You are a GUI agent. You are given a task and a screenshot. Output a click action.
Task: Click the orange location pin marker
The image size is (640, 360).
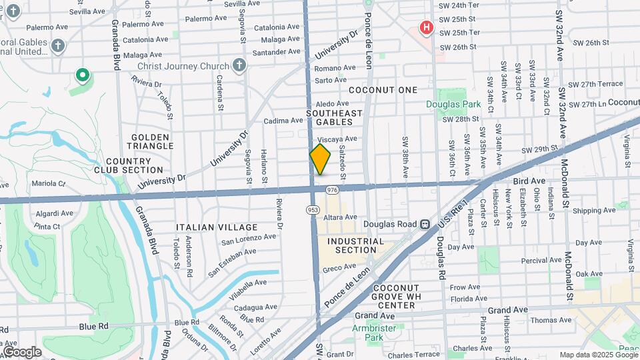tap(320, 159)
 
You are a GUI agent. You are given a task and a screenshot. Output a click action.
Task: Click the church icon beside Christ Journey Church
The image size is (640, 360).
tap(239, 65)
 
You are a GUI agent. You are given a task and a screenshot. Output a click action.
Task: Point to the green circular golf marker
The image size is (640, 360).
tap(83, 75)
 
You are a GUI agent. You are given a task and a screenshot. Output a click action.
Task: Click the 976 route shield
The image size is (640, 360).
tap(333, 191)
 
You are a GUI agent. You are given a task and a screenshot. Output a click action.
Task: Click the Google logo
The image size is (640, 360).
tap(22, 351)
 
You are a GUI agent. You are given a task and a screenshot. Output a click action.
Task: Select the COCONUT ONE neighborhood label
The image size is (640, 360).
tap(383, 90)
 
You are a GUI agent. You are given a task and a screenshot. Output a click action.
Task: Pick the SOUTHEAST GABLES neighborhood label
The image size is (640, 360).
tap(334, 117)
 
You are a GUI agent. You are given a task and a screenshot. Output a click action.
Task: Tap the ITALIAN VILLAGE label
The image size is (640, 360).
tap(207, 227)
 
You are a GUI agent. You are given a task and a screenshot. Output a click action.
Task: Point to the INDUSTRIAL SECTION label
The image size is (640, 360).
tap(356, 245)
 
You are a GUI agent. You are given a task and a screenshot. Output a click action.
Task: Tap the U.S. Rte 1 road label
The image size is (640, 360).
tap(458, 209)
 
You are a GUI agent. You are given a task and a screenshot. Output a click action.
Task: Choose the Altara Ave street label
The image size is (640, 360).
tap(341, 217)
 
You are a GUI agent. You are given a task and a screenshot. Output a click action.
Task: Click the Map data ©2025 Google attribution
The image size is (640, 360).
tap(597, 355)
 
